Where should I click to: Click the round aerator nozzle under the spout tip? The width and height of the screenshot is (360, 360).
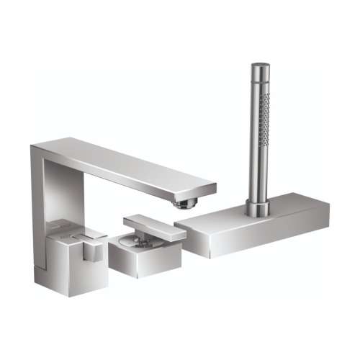(x=184, y=204)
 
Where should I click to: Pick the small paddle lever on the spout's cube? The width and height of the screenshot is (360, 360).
(x=92, y=251)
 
